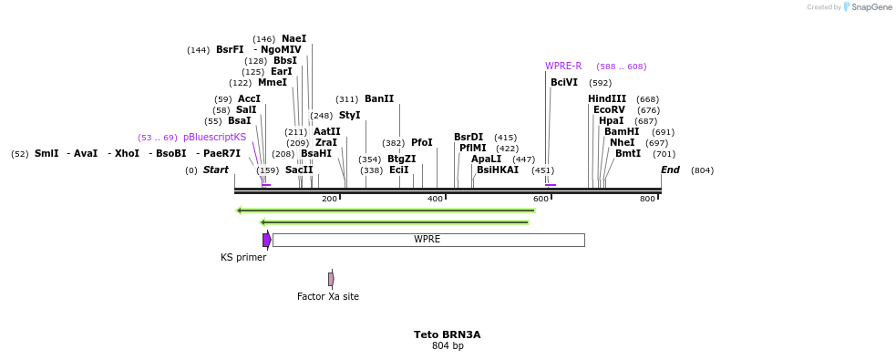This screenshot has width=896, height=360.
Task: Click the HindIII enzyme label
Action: pyautogui.click(x=607, y=98)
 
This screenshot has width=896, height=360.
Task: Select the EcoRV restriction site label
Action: pyautogui.click(x=609, y=109)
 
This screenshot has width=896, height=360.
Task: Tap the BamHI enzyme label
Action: pyautogui.click(x=622, y=131)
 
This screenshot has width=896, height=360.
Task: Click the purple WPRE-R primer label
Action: pyautogui.click(x=563, y=66)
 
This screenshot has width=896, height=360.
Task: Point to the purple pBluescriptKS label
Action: pyautogui.click(x=214, y=137)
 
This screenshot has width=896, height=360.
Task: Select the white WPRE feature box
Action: pyautogui.click(x=427, y=240)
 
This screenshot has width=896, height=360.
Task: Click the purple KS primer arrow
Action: pyautogui.click(x=266, y=240)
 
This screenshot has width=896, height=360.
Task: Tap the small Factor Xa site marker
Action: pyautogui.click(x=331, y=279)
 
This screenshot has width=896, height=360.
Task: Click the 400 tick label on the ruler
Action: pyautogui.click(x=435, y=199)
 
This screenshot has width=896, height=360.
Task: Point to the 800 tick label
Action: pyautogui.click(x=647, y=199)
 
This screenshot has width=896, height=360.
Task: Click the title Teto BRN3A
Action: pyautogui.click(x=447, y=334)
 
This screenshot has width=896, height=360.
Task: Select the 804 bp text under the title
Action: pyautogui.click(x=447, y=346)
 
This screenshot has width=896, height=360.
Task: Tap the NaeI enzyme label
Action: pyautogui.click(x=294, y=38)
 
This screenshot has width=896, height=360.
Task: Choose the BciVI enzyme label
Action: pyautogui.click(x=564, y=82)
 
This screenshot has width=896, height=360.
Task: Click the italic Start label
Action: pyautogui.click(x=216, y=170)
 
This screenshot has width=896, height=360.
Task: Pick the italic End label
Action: pyautogui.click(x=670, y=170)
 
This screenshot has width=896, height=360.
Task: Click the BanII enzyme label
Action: pyautogui.click(x=379, y=98)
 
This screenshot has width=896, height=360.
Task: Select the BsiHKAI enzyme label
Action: pyautogui.click(x=498, y=170)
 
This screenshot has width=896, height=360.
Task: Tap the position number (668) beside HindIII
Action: pyautogui.click(x=647, y=98)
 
